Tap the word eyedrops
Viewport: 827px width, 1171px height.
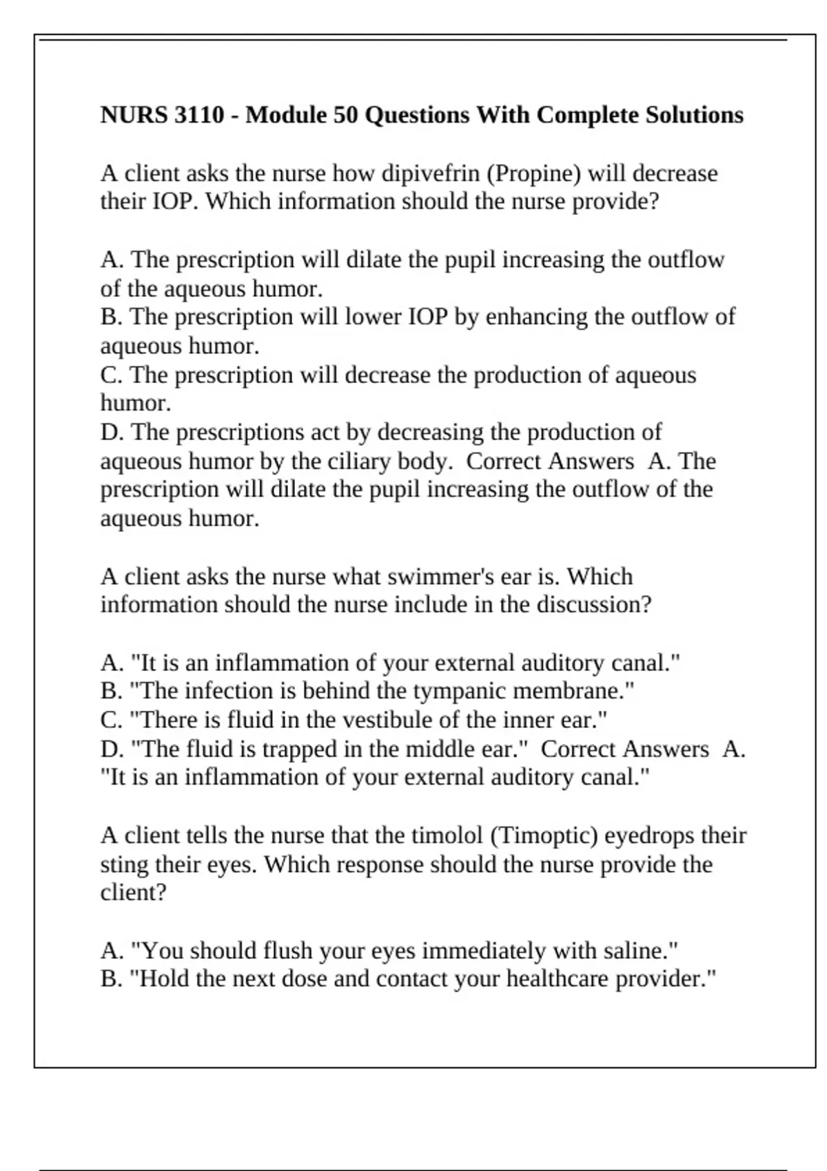[x=651, y=836]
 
